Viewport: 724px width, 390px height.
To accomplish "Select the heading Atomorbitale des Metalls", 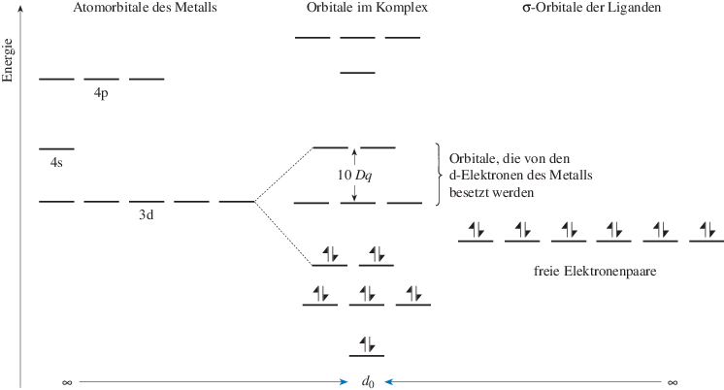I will click(144, 9).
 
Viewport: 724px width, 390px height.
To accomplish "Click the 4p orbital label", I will click(101, 94).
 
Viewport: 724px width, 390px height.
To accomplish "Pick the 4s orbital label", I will click(56, 163).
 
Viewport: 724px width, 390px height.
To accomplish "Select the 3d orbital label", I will click(148, 215).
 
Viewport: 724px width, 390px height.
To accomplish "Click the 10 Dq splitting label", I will click(356, 175).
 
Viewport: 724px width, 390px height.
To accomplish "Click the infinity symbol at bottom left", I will click(67, 382).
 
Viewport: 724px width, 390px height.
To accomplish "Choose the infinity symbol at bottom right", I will click(672, 382).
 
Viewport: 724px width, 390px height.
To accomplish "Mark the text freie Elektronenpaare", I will click(597, 273).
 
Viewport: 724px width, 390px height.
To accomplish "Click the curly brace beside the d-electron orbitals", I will click(439, 175).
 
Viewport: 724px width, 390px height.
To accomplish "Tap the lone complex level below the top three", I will click(357, 73).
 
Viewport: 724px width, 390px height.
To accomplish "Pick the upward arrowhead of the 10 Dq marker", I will click(356, 151).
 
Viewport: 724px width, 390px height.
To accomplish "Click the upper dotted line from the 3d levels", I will click(283, 175).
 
